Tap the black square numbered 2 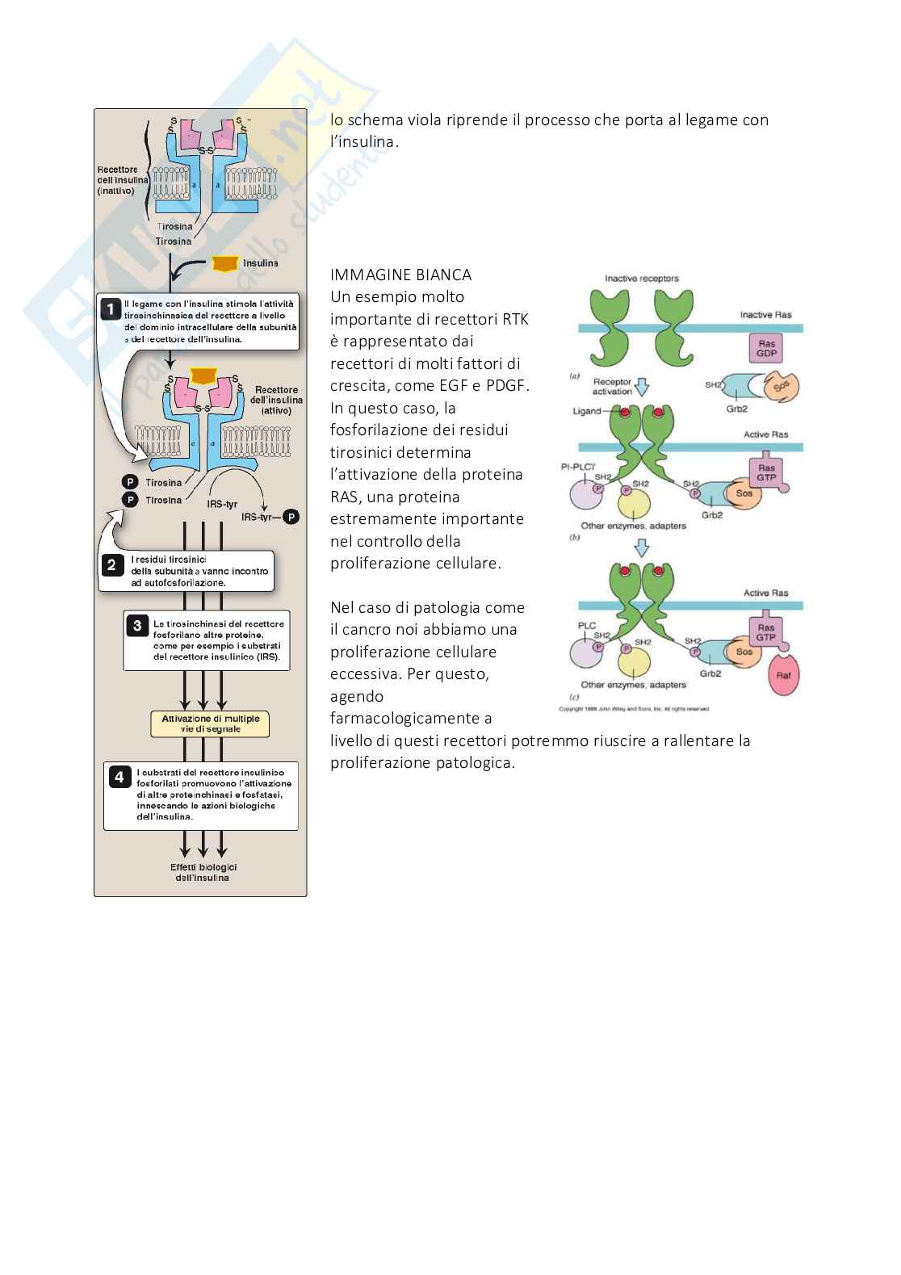(x=111, y=564)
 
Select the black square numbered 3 (x=138, y=624)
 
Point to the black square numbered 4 (x=119, y=777)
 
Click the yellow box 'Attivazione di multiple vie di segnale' (x=210, y=723)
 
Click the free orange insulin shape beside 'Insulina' (x=225, y=263)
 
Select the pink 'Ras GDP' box (x=767, y=348)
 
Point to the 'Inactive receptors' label (x=642, y=279)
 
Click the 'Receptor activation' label (x=612, y=387)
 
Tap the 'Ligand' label (x=587, y=411)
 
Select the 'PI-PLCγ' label (x=577, y=467)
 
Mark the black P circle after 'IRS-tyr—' (x=291, y=517)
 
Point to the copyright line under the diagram (x=634, y=709)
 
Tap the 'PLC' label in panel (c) (x=586, y=625)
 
